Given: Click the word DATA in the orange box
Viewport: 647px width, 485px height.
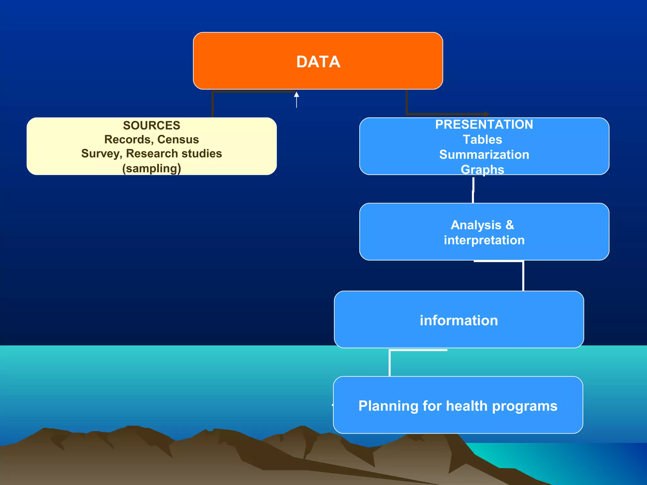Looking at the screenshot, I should click(x=318, y=62).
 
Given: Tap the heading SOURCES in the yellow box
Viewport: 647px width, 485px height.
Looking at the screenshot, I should click(x=152, y=125).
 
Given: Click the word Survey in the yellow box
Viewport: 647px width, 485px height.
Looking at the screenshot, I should click(x=101, y=154).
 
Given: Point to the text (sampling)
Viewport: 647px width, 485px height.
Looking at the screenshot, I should click(x=152, y=168).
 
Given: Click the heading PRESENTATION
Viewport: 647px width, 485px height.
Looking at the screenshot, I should click(x=484, y=124).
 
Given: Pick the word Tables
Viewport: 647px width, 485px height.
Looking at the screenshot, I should click(x=482, y=140).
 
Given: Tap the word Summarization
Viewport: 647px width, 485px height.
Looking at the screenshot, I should click(x=484, y=155).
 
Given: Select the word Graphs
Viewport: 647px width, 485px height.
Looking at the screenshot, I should click(x=482, y=170).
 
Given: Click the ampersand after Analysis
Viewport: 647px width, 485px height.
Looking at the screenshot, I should click(x=510, y=225).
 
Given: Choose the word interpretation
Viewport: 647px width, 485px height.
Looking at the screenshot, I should click(x=484, y=240).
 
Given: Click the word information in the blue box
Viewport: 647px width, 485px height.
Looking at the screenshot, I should click(x=459, y=320).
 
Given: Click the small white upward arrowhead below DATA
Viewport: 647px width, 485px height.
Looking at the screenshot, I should click(x=296, y=94).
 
